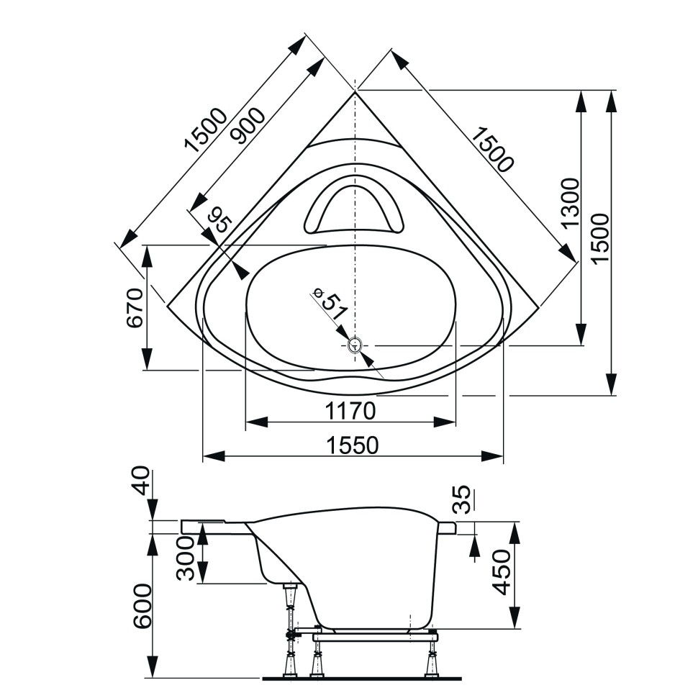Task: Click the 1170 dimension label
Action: pyautogui.click(x=350, y=412)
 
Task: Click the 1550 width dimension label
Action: pyautogui.click(x=352, y=446)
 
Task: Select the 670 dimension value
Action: pyautogui.click(x=135, y=308)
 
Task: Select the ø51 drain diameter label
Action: pyautogui.click(x=330, y=306)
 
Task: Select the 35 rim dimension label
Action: pyautogui.click(x=464, y=499)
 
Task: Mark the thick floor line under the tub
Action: pyautogui.click(x=360, y=678)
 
